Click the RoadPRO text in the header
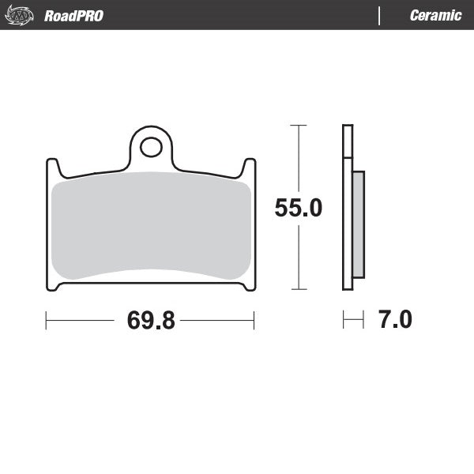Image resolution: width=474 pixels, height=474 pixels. [x=73, y=16]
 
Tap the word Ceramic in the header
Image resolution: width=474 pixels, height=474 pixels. [x=435, y=16]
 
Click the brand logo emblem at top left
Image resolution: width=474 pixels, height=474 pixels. [x=21, y=15]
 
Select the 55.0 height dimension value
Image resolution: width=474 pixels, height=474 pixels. [x=298, y=208]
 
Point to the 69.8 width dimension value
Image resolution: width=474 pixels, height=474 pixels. [x=150, y=321]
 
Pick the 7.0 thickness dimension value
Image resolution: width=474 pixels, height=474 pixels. [x=394, y=320]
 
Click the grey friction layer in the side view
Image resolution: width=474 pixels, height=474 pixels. [x=358, y=224]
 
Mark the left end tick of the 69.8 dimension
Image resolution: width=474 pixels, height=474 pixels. [x=47, y=321]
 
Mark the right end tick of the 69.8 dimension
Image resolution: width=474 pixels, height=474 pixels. [x=254, y=321]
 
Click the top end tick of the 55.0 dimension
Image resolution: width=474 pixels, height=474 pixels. [x=298, y=125]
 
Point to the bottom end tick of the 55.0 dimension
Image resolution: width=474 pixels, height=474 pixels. [x=298, y=290]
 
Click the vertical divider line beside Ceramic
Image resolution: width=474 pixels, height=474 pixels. [x=380, y=16]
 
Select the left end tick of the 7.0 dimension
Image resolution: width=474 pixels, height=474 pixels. [x=343, y=320]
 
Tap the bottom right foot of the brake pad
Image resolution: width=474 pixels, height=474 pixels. [x=248, y=286]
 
